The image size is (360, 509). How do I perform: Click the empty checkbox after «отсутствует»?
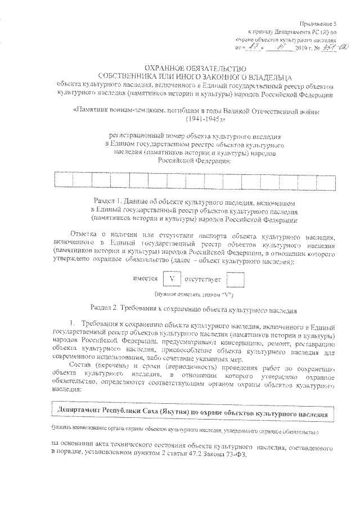tap(236, 280)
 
